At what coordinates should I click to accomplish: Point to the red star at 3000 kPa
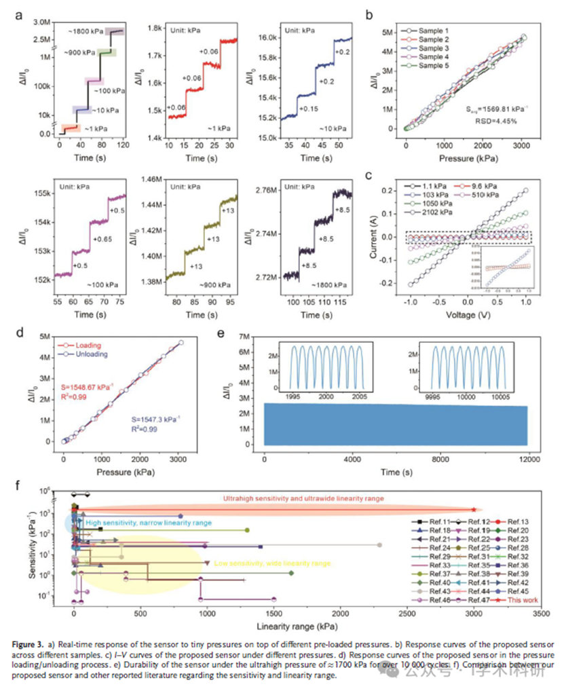pos(473,509)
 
